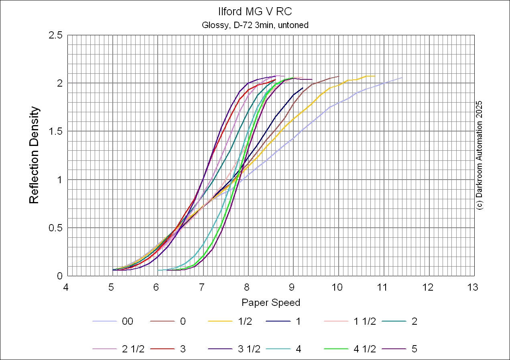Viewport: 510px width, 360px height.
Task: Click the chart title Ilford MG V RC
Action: pyautogui.click(x=255, y=11)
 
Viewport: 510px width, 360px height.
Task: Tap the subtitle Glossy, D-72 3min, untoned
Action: pyautogui.click(x=255, y=25)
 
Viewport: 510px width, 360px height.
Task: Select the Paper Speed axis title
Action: pyautogui.click(x=271, y=302)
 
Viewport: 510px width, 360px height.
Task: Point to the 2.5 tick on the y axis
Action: pyautogui.click(x=56, y=35)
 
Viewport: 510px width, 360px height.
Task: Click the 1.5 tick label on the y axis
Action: pyautogui.click(x=56, y=131)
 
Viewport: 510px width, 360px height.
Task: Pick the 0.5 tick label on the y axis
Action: pyautogui.click(x=56, y=228)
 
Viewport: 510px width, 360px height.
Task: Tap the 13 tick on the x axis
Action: pyautogui.click(x=474, y=287)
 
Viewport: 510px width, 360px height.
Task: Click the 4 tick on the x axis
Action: pyautogui.click(x=67, y=287)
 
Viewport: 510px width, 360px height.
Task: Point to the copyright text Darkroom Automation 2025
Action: pyautogui.click(x=479, y=155)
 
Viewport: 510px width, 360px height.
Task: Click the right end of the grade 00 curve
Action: pyautogui.click(x=402, y=77)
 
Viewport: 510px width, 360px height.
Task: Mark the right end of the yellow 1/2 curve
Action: pyautogui.click(x=375, y=76)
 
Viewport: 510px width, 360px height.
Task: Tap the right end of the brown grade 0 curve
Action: pyautogui.click(x=339, y=76)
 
